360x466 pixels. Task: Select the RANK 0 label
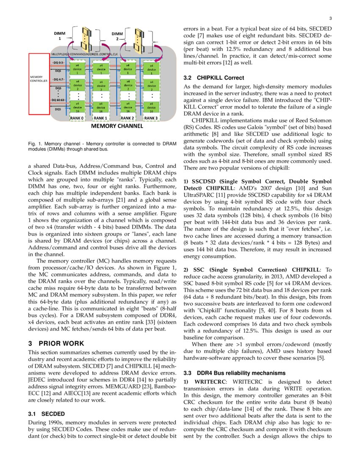coord(77,118)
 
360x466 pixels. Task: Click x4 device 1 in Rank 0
coord(77,68)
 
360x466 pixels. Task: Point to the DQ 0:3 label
coord(58,63)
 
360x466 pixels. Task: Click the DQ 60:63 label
coord(58,100)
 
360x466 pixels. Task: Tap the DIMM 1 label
coord(60,36)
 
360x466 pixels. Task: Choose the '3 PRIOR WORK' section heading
coord(56,343)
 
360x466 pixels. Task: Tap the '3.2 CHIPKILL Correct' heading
coord(213,78)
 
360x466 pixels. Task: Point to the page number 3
coord(330,18)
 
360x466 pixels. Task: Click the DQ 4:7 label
coord(58,79)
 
